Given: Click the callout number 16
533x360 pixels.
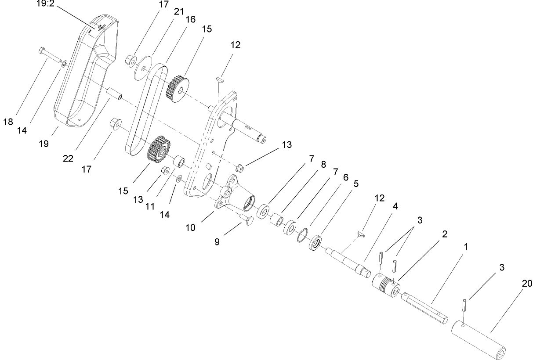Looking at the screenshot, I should pos(190,20).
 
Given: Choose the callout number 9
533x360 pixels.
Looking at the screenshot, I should pos(217,241).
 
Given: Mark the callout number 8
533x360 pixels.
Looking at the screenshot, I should pos(323,165).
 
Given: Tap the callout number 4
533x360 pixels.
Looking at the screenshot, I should pos(395,206).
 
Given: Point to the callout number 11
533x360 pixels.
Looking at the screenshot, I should pos(150,206).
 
